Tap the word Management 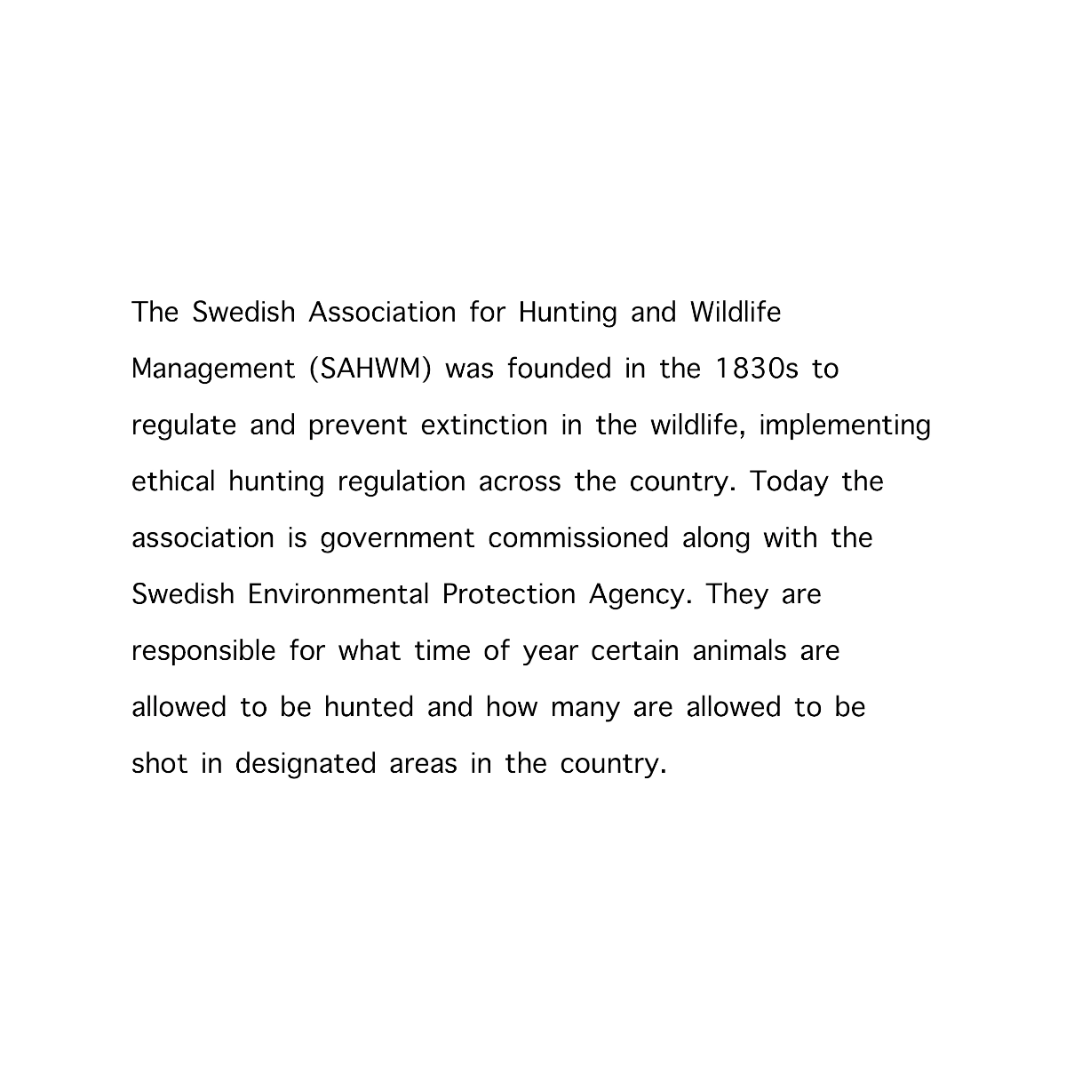click(x=213, y=369)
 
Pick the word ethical click(x=173, y=481)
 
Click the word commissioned click(x=577, y=538)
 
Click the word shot click(x=159, y=764)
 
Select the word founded click(x=560, y=369)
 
